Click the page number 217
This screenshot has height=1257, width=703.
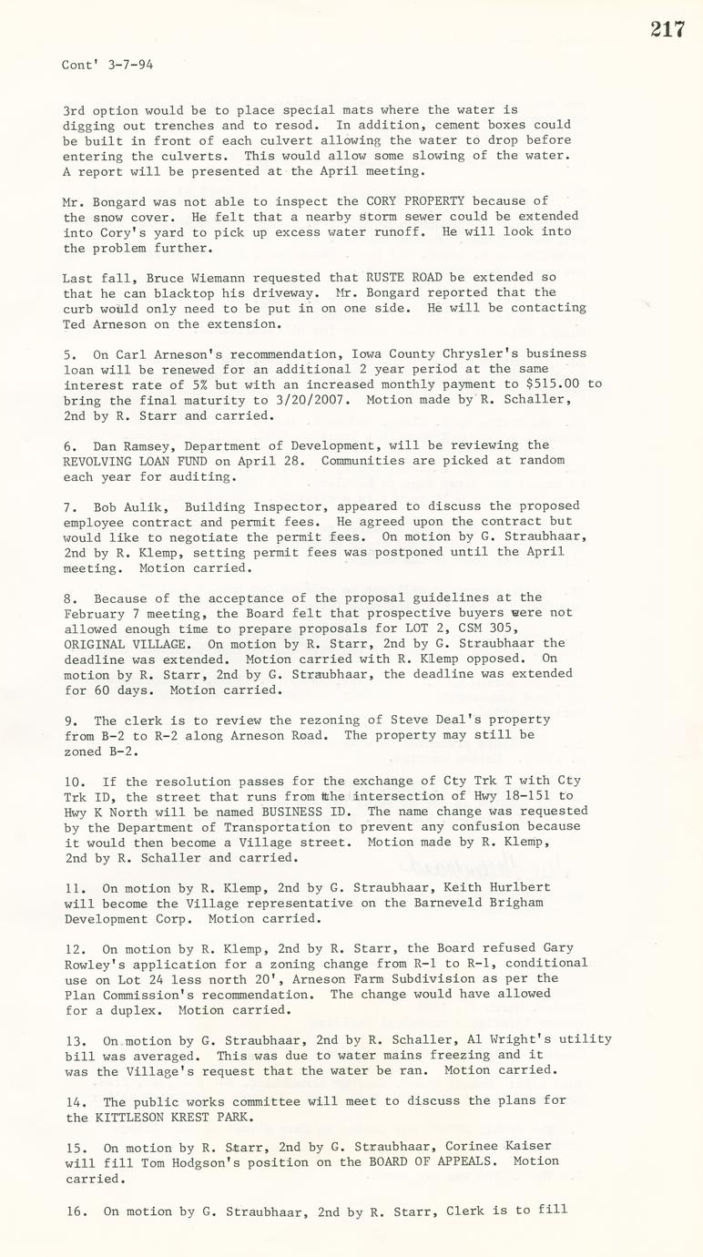pyautogui.click(x=667, y=29)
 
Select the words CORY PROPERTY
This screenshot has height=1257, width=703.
pyautogui.click(x=415, y=201)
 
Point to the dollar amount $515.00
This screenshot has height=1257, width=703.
pyautogui.click(x=545, y=384)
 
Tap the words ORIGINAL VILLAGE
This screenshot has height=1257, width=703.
pyautogui.click(x=124, y=643)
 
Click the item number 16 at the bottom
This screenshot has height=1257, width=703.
pyautogui.click(x=73, y=1211)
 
